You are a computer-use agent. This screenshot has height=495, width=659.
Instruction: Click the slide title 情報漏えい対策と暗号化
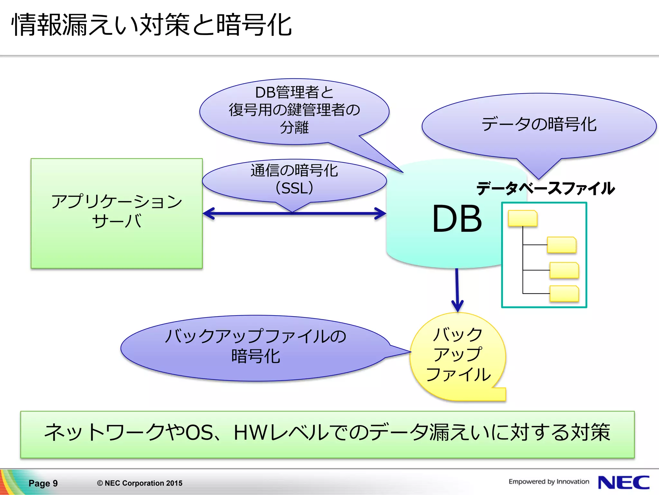pyautogui.click(x=151, y=25)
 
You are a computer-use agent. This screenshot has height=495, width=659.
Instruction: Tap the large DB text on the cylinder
pyautogui.click(x=457, y=219)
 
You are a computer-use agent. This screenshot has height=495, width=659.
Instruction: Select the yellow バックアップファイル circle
pyautogui.click(x=458, y=354)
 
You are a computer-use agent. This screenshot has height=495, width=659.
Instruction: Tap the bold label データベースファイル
pyautogui.click(x=545, y=188)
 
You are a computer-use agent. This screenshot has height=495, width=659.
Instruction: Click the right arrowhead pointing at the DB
pyautogui.click(x=382, y=213)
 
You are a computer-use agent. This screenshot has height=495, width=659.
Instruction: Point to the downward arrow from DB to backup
pyautogui.click(x=457, y=290)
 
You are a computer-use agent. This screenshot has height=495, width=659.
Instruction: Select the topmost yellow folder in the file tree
pyautogui.click(x=523, y=218)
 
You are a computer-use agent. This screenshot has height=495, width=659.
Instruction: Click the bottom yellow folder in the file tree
pyautogui.click(x=564, y=294)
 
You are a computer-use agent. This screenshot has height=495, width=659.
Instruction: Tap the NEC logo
pyautogui.click(x=623, y=482)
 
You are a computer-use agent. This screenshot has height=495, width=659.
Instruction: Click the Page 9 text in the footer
pyautogui.click(x=43, y=483)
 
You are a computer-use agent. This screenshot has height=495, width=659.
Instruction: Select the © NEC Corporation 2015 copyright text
pyautogui.click(x=140, y=483)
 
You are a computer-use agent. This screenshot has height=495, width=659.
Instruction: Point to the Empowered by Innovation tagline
pyautogui.click(x=549, y=481)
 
